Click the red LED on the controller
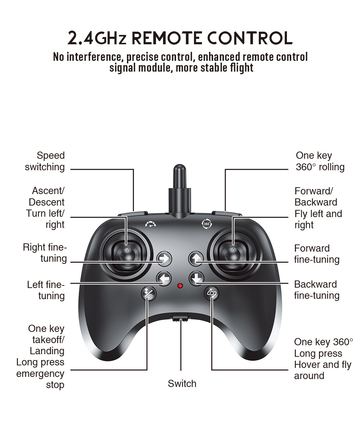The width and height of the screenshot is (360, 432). click(180, 285)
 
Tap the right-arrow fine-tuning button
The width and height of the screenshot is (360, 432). click(165, 258)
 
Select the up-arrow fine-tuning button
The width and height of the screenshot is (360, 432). click(196, 258)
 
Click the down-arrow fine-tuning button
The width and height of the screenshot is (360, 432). click(196, 278)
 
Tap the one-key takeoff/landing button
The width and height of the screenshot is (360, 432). click(148, 293)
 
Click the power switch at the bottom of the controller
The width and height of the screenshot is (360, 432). click(180, 318)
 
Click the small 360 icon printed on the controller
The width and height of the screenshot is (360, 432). click(207, 224)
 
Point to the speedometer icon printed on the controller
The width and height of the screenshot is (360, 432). click(151, 224)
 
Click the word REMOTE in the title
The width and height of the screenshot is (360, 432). click(164, 39)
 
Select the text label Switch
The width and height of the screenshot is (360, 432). click(182, 384)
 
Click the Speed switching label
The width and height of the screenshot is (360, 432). click(45, 161)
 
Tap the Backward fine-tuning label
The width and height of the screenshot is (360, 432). click(317, 290)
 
